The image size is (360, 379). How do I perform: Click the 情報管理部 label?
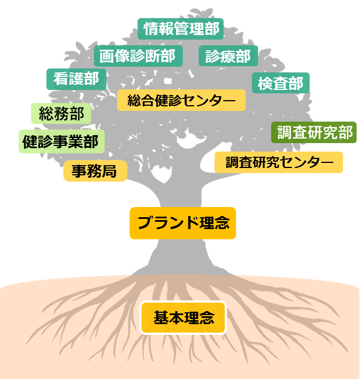pyautogui.click(x=181, y=29)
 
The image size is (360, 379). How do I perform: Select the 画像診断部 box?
pyautogui.click(x=138, y=56)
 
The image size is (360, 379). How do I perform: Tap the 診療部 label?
pyautogui.click(x=228, y=56)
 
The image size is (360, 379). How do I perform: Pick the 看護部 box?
pyautogui.click(x=76, y=79)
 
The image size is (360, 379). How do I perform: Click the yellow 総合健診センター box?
pyautogui.click(x=181, y=101)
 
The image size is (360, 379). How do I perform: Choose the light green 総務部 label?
pyautogui.click(x=61, y=114)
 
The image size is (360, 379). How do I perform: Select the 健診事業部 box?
pyautogui.click(x=61, y=141)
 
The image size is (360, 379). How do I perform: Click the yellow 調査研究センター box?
pyautogui.click(x=278, y=162)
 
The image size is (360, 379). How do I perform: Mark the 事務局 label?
pyautogui.click(x=95, y=171)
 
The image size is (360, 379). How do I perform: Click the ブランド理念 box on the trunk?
pyautogui.click(x=183, y=223)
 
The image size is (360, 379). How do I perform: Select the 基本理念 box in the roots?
pyautogui.click(x=183, y=318)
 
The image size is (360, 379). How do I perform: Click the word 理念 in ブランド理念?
pyautogui.click(x=215, y=223)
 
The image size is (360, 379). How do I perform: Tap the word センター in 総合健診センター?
pyautogui.click(x=212, y=101)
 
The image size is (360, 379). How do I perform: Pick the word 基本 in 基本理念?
pyautogui.click(x=168, y=318)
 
